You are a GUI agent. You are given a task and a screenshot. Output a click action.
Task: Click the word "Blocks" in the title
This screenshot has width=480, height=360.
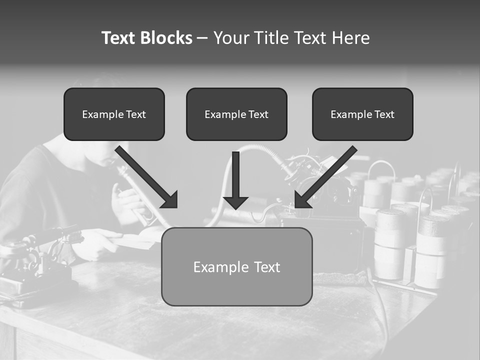(166, 38)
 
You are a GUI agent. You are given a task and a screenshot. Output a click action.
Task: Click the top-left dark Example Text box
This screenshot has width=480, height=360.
(114, 114)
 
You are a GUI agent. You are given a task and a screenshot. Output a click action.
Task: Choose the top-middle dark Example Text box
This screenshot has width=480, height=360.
(236, 114)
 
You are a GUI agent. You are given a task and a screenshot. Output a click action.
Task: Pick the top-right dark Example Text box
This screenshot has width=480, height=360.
(362, 114)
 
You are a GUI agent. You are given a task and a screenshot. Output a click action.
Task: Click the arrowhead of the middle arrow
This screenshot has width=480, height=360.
(235, 202)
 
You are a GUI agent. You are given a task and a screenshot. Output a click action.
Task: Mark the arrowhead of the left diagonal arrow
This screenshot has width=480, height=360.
(170, 200)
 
